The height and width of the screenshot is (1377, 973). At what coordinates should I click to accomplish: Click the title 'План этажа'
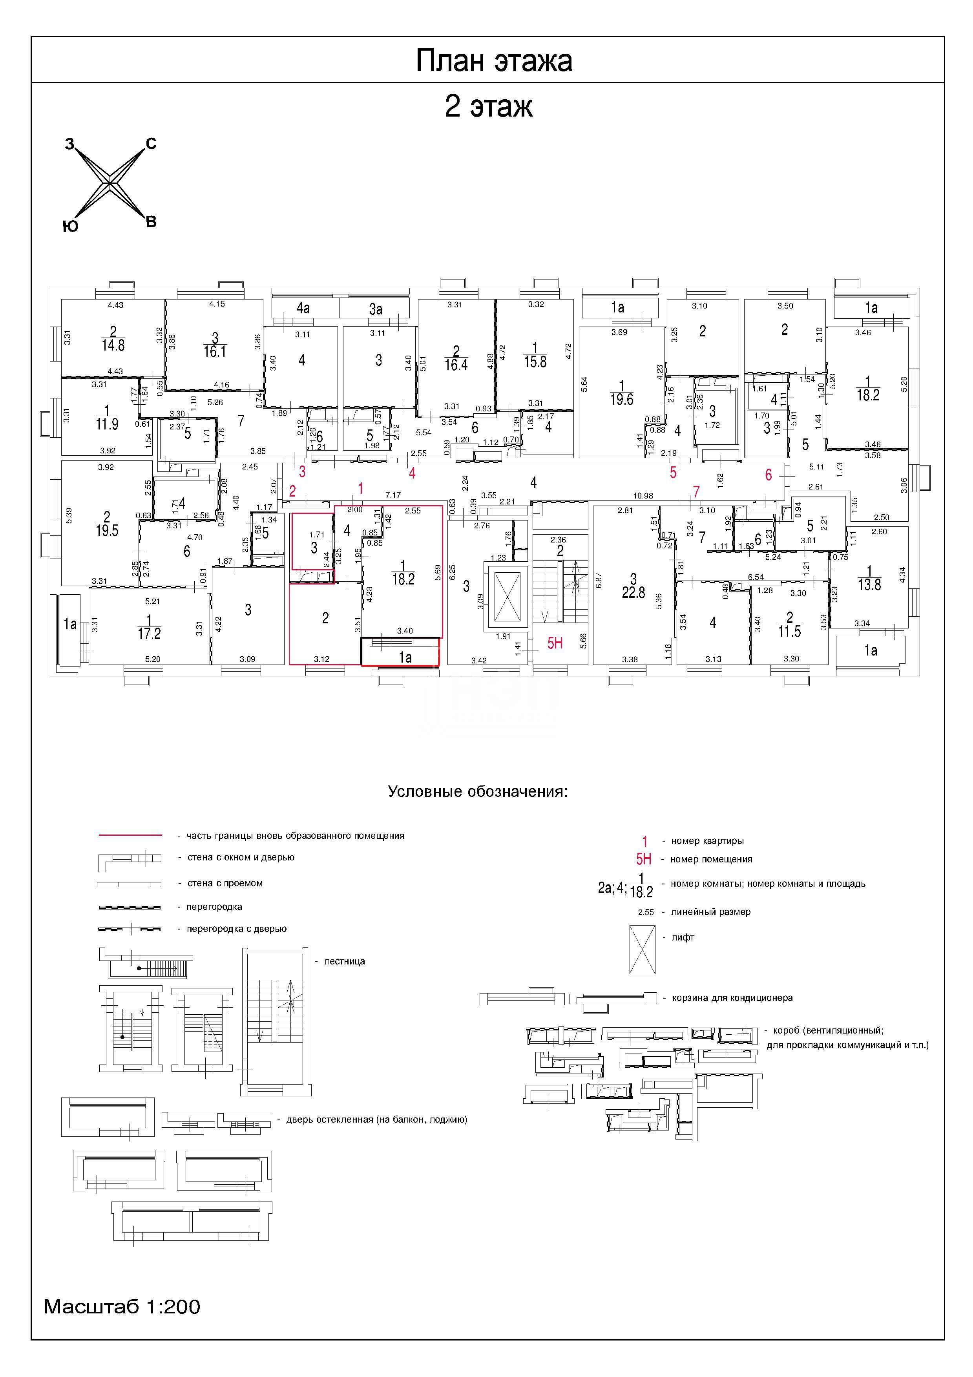tap(494, 60)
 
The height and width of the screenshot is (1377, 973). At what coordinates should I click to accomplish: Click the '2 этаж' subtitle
tap(489, 107)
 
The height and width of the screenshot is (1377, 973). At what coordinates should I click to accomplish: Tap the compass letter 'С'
tap(151, 143)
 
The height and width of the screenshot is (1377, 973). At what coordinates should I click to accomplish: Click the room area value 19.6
tap(622, 400)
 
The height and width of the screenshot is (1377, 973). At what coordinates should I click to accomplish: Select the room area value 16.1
tap(215, 351)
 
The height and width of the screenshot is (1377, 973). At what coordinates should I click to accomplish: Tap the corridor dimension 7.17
tap(393, 495)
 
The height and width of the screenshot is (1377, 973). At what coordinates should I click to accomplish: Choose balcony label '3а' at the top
tap(376, 309)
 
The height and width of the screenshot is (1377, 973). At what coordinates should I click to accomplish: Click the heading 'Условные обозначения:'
tap(478, 792)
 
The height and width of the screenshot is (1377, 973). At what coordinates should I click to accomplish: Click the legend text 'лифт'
tap(683, 937)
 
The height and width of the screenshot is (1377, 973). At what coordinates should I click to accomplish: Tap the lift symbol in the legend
tap(643, 950)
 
